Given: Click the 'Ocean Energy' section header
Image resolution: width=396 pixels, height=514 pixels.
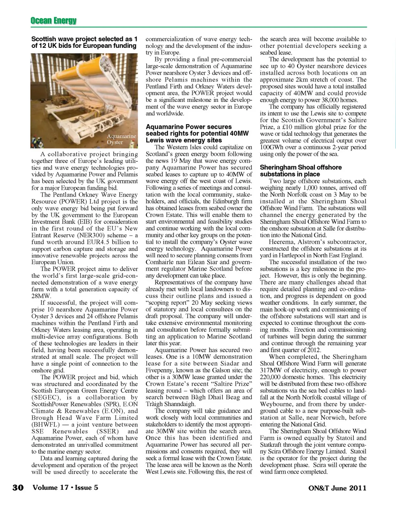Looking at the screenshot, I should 54,20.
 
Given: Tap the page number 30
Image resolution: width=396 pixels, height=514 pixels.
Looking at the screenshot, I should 18,488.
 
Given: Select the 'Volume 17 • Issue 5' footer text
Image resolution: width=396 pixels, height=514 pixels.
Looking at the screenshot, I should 65,487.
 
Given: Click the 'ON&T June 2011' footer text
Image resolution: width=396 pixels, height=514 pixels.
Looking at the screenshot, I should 337,488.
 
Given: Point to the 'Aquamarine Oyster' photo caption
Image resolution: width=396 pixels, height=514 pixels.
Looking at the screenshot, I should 121,139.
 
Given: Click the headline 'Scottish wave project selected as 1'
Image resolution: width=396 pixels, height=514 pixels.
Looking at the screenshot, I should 84,39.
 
